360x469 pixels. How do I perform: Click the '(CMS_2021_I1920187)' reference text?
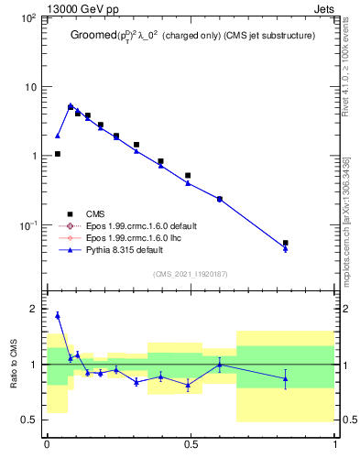(x=191, y=274)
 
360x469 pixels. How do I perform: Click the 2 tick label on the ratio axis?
(x=34, y=310)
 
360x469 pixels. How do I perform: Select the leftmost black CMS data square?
(x=58, y=154)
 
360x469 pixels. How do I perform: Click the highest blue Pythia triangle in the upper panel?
(x=71, y=105)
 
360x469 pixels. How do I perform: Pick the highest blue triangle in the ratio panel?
(x=58, y=315)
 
